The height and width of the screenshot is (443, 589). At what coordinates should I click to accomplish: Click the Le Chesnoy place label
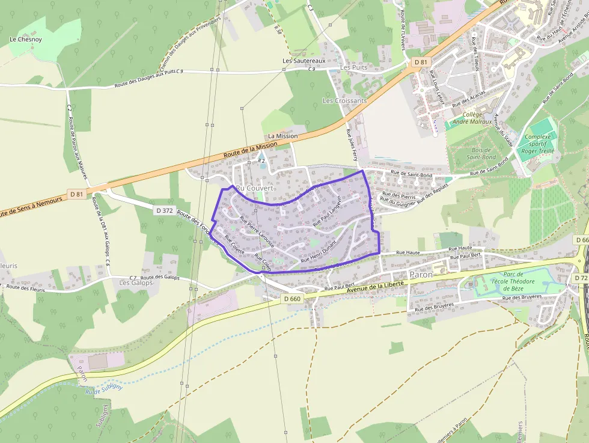coord(26,40)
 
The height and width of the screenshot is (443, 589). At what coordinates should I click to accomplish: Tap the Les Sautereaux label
coord(304,61)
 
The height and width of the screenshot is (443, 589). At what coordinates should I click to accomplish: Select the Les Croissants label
coord(344,100)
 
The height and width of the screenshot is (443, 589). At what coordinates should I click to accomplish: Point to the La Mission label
coord(282,136)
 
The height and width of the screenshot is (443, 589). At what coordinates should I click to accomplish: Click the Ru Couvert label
coord(255,188)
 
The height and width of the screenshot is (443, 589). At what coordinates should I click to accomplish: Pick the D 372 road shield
coord(164,210)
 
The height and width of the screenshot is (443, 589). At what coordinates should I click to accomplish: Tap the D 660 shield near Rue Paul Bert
coord(291,299)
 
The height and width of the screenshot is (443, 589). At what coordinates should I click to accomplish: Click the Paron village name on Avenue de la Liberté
coord(421,275)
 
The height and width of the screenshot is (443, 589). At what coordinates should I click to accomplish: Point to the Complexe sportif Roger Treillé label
coord(537,144)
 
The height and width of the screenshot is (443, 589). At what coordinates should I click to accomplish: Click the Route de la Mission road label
coord(250,148)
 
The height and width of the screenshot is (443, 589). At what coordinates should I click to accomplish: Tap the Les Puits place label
coord(353,67)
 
